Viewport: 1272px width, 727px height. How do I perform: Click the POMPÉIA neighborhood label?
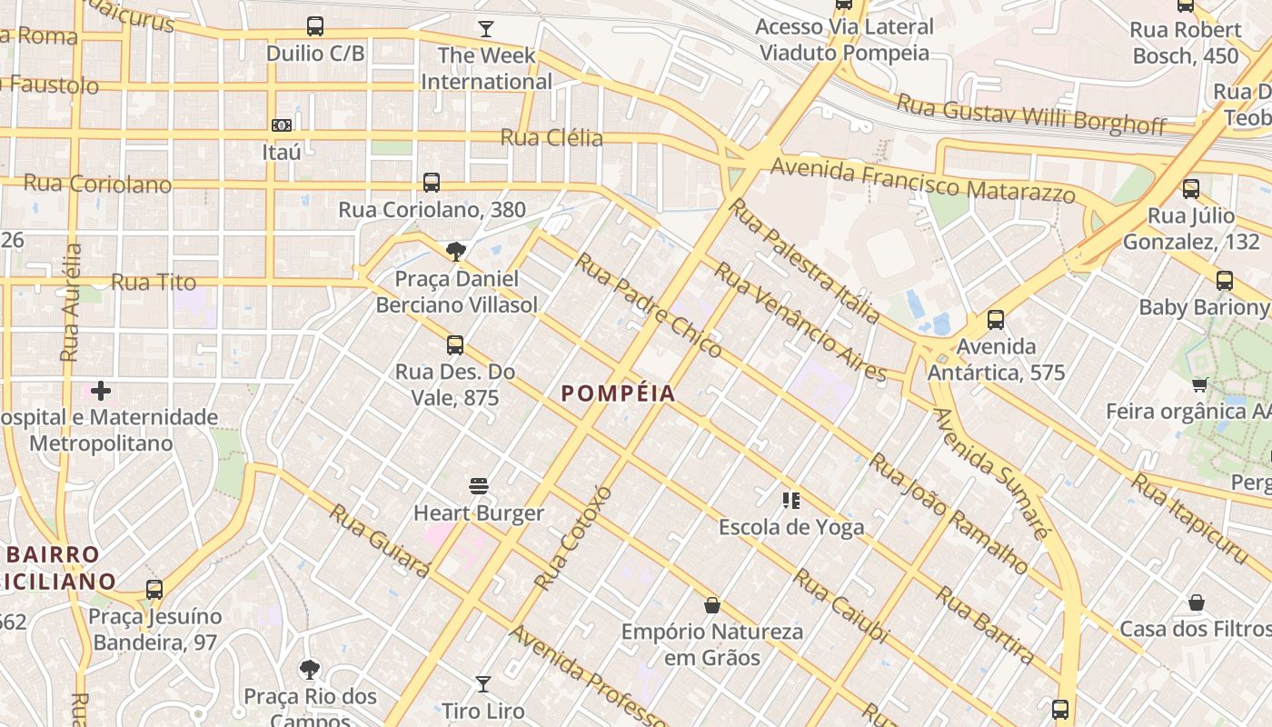(x=619, y=393)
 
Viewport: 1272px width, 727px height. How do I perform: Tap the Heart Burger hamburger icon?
(x=479, y=486)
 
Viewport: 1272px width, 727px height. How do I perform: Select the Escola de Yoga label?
(x=791, y=527)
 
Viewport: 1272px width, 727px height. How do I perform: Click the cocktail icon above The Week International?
(x=486, y=29)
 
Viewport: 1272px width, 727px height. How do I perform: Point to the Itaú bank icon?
(x=282, y=125)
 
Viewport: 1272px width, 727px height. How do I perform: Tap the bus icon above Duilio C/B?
(x=315, y=26)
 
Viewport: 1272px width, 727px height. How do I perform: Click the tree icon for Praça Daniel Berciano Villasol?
(x=456, y=252)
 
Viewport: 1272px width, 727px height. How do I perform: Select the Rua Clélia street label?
(x=552, y=138)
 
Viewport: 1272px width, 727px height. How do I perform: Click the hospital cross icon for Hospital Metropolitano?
(x=101, y=391)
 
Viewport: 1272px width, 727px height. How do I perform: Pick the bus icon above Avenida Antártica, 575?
(x=996, y=320)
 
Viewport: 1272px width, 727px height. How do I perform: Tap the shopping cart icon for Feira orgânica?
(x=1200, y=385)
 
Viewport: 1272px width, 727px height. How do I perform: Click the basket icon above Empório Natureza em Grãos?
(x=712, y=605)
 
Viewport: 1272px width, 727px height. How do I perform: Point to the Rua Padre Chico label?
(x=650, y=306)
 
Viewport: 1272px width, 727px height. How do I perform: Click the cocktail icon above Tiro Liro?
(x=483, y=683)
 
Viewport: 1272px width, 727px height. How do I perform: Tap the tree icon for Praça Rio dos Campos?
(x=310, y=671)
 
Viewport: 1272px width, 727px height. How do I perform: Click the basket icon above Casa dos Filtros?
(x=1197, y=603)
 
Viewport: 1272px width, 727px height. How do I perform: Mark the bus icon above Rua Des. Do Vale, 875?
(x=455, y=345)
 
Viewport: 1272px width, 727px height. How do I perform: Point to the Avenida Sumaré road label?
(x=991, y=473)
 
